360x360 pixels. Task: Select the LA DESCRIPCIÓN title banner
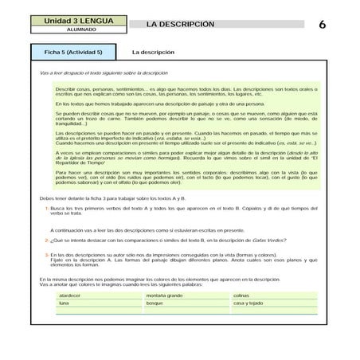[182, 24]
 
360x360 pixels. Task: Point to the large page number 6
[322, 24]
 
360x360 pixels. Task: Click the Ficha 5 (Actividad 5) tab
[73, 52]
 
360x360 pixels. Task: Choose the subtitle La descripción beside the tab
[154, 52]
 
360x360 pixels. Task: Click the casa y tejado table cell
[248, 303]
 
